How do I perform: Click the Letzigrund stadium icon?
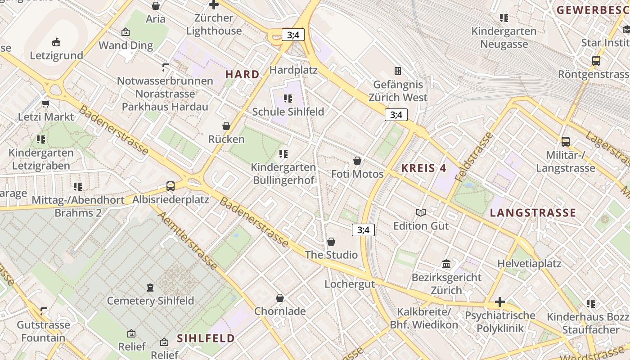click(56, 42)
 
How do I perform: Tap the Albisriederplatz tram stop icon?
click(170, 186)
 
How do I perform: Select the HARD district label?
click(242, 74)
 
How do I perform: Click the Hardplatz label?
click(293, 70)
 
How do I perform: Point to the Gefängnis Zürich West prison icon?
click(398, 71)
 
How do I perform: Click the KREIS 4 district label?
click(423, 168)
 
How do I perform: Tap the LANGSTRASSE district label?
click(533, 212)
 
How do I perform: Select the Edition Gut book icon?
click(421, 212)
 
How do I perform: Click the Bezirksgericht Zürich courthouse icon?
click(446, 264)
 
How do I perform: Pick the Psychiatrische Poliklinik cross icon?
click(499, 302)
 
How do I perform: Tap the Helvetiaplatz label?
click(529, 263)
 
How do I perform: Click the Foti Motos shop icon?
click(357, 161)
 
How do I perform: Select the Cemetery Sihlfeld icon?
click(150, 287)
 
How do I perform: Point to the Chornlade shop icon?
click(280, 298)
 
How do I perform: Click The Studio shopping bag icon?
click(331, 242)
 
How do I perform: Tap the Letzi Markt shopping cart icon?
click(45, 103)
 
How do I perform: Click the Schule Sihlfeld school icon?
click(288, 98)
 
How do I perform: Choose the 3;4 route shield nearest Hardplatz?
click(293, 35)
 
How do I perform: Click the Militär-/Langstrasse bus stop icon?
click(566, 142)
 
